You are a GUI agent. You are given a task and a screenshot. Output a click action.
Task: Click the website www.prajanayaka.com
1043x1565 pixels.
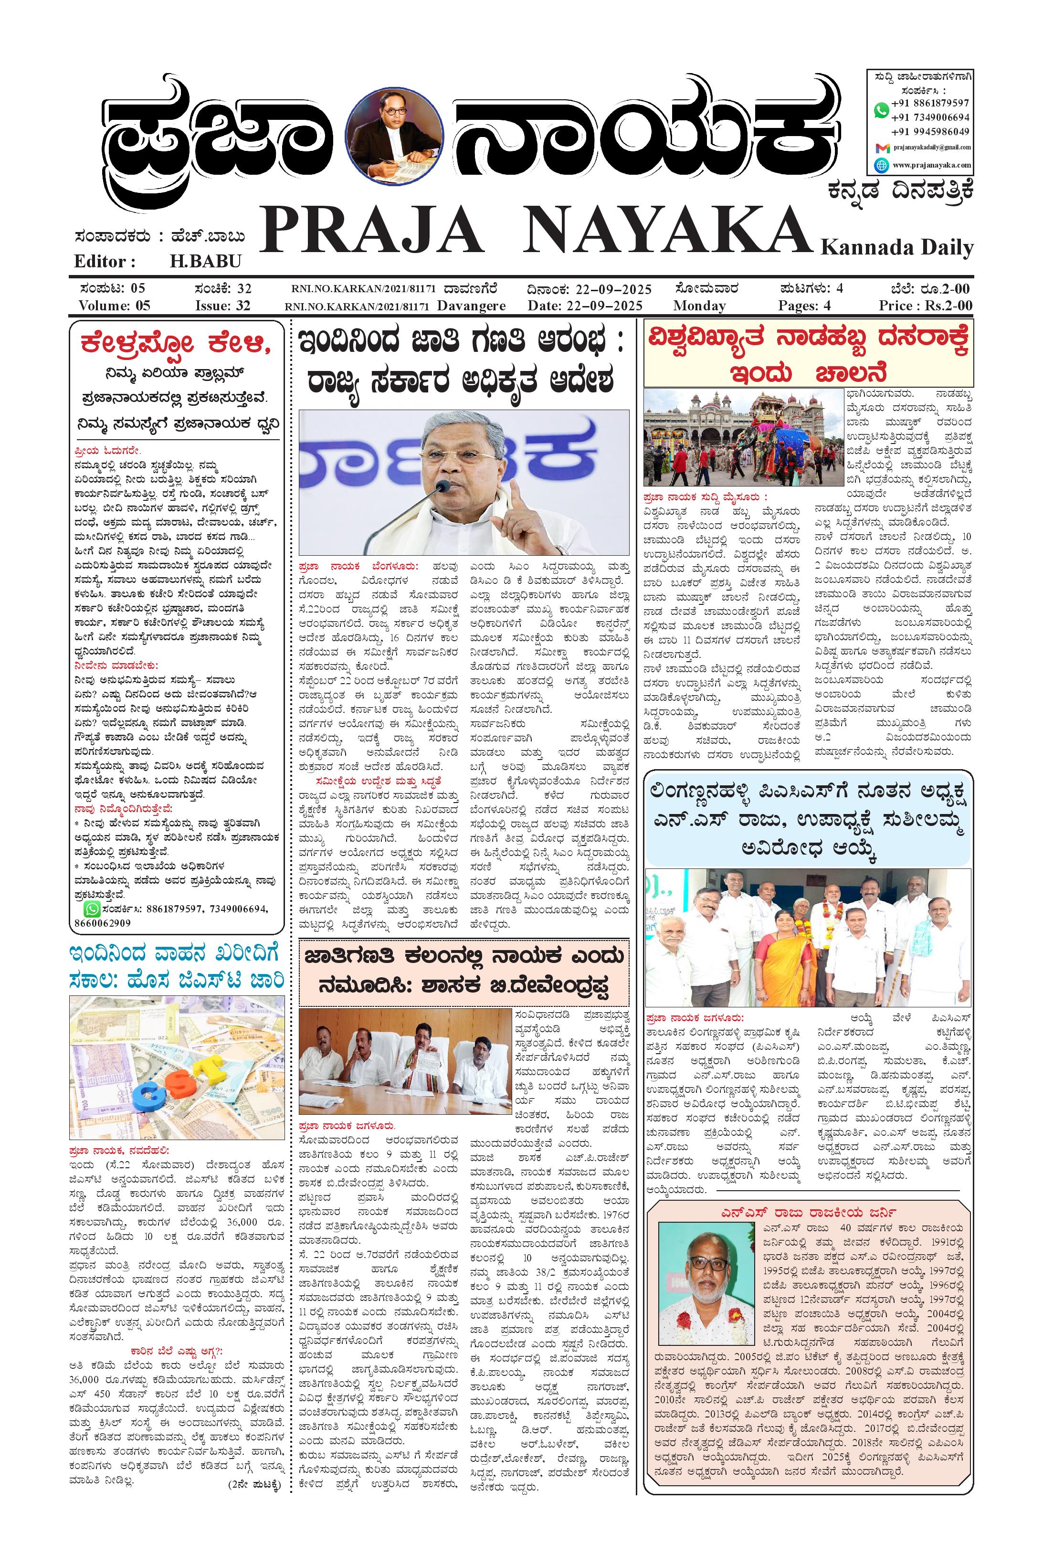[931, 165]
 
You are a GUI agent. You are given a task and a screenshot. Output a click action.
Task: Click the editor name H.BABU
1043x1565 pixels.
[206, 261]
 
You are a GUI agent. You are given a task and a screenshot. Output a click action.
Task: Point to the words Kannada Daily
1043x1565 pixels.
[897, 248]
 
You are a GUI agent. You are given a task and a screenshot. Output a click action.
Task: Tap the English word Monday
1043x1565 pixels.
[699, 306]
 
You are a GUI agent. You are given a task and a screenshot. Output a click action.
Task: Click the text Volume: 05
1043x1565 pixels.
[115, 306]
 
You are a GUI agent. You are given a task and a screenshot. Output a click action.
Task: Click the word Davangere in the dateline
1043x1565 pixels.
[473, 306]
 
